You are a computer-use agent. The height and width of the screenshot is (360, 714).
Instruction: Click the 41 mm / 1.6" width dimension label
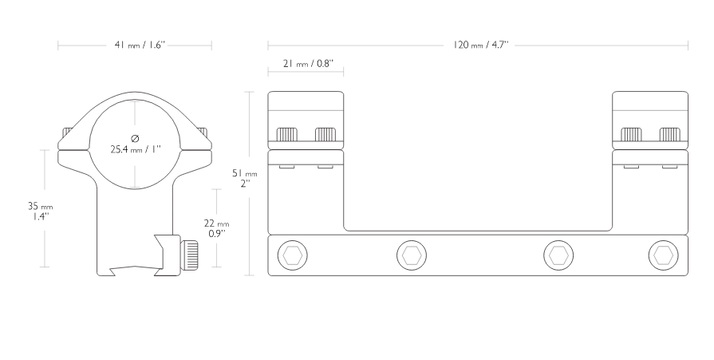pyautogui.click(x=139, y=45)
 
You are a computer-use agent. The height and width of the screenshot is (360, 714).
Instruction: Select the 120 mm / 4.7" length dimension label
pyautogui.click(x=481, y=45)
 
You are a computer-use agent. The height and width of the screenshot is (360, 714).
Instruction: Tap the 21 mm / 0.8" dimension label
pyautogui.click(x=308, y=63)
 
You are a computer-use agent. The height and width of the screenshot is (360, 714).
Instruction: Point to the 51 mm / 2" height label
pyautogui.click(x=245, y=178)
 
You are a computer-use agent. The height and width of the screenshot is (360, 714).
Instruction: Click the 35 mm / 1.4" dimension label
pyautogui.click(x=40, y=212)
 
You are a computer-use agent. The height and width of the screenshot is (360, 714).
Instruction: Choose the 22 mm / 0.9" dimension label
pyautogui.click(x=216, y=228)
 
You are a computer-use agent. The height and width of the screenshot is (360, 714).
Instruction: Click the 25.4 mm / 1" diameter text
pyautogui.click(x=136, y=149)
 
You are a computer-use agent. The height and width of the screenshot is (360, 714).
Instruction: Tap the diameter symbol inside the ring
pyautogui.click(x=135, y=138)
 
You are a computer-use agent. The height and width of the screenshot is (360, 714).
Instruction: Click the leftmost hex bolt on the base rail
pyautogui.click(x=292, y=255)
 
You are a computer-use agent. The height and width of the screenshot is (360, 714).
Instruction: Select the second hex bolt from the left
pyautogui.click(x=412, y=255)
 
